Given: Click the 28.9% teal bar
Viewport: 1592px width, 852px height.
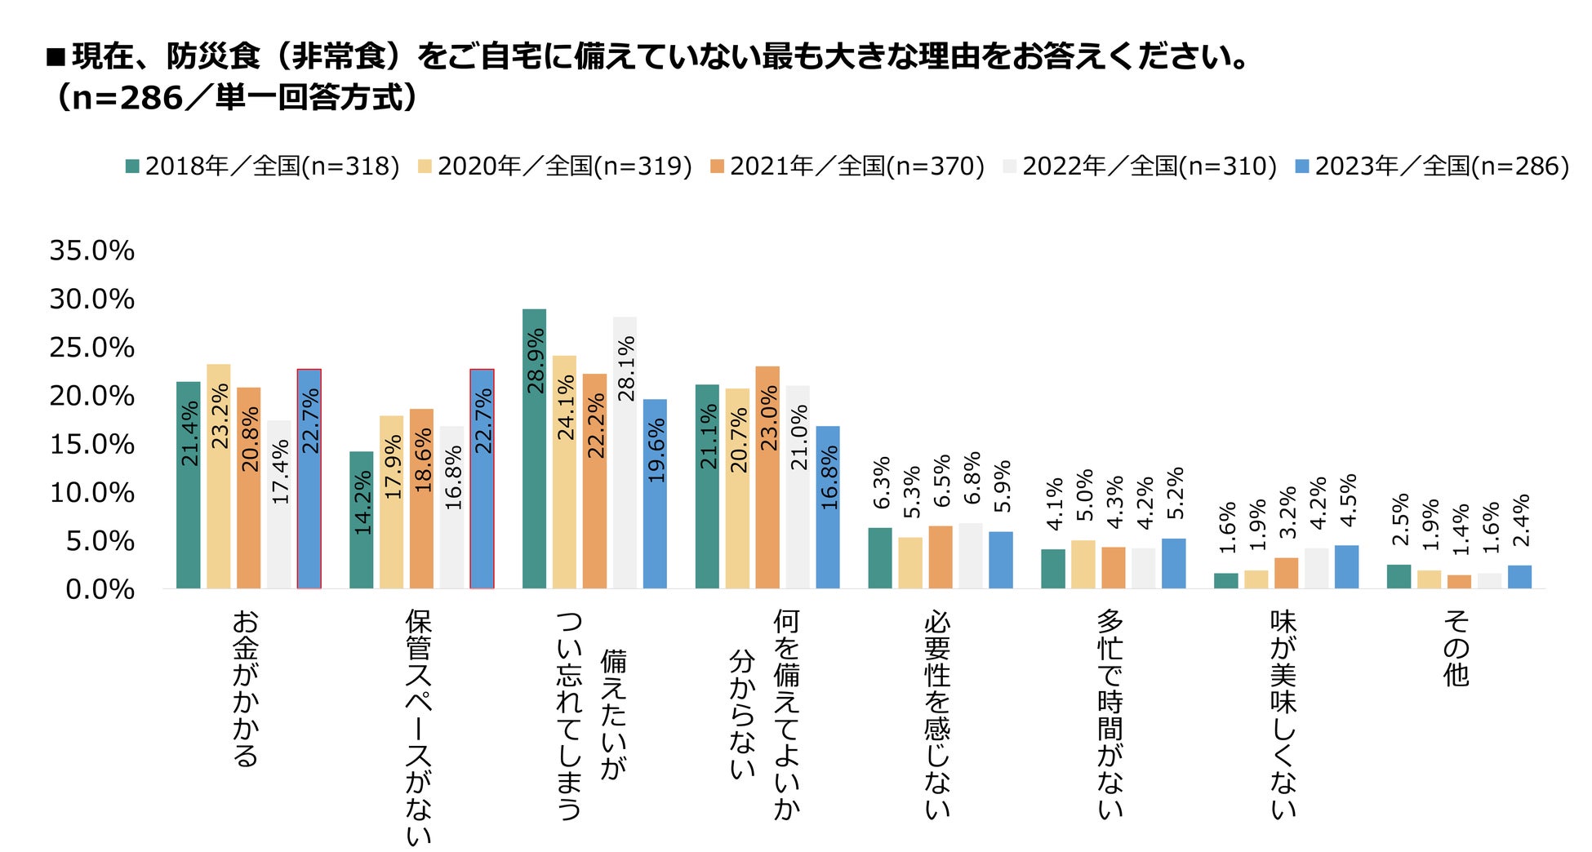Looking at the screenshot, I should [534, 449].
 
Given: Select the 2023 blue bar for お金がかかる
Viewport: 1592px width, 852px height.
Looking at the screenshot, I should [309, 479].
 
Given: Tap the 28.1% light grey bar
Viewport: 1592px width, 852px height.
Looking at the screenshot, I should [625, 453].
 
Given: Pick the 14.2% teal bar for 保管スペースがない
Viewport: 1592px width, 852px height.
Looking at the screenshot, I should [361, 520].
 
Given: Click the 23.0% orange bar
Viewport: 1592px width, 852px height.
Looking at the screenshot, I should [767, 477].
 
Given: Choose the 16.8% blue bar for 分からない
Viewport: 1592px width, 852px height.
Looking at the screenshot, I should [828, 507].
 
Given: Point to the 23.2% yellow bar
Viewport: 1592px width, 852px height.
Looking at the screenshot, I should [219, 476].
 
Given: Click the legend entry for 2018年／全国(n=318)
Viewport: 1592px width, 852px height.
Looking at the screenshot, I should [262, 166].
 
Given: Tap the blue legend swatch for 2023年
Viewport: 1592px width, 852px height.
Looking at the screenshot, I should [1303, 166].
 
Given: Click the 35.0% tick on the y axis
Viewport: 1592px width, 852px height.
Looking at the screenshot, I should [92, 251].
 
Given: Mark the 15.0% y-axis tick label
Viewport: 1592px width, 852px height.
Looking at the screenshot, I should [92, 445].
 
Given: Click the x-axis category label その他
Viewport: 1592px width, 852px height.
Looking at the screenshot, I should [1456, 649].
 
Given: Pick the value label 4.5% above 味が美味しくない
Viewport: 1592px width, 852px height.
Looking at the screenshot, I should [1349, 500].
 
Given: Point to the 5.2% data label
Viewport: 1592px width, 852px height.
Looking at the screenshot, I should [1175, 492].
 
